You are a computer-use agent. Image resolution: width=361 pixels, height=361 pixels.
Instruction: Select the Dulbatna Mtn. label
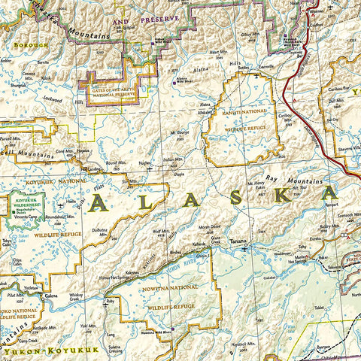pyautogui.click(x=100, y=231)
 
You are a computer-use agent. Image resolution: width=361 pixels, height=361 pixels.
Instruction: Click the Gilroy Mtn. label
pyautogui.click(x=246, y=35)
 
